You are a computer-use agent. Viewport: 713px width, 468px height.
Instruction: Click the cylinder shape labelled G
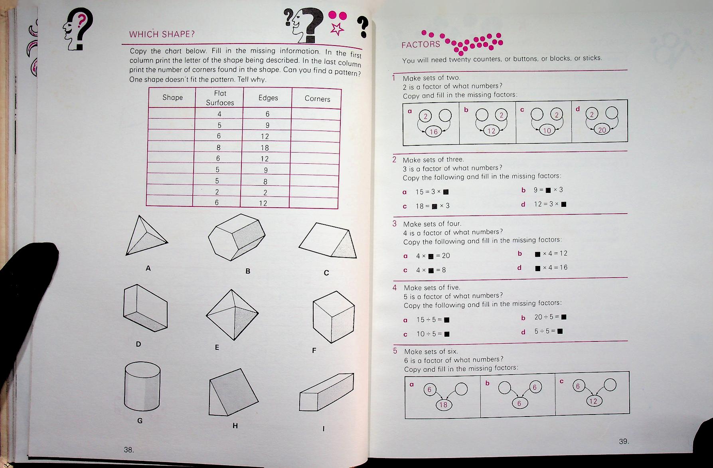coord(142,389)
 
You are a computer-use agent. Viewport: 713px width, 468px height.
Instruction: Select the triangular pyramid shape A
coord(145,238)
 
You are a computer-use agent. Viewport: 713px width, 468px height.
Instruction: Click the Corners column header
coord(317,99)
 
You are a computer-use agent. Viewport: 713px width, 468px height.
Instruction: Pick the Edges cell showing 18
coord(265,148)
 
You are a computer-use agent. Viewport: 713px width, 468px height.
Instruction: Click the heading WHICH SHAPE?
coord(162,34)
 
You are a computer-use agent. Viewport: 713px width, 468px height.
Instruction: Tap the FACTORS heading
coord(421,45)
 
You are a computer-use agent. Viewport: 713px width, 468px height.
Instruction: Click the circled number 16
coord(434,132)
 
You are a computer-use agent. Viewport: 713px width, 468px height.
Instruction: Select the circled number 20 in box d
coord(602,130)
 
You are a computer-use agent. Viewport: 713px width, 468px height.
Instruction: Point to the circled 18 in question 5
coord(443,405)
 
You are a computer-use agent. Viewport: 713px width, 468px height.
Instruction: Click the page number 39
coord(624,441)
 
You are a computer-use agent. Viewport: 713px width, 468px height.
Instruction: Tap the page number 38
coord(128,450)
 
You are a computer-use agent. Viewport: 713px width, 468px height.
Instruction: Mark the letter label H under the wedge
coord(235,426)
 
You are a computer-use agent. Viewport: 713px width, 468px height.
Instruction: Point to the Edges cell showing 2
coord(265,192)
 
